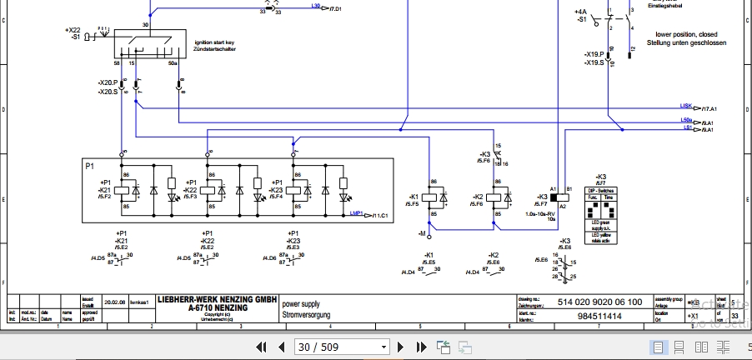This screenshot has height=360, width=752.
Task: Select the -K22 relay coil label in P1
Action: click(x=189, y=190)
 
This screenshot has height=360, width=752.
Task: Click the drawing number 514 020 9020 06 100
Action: click(x=599, y=302)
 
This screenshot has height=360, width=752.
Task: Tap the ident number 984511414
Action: click(x=599, y=317)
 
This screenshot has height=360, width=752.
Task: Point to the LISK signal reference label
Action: click(x=687, y=107)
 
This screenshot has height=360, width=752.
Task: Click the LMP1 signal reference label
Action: click(x=356, y=214)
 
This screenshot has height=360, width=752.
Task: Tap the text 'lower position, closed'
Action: click(x=685, y=35)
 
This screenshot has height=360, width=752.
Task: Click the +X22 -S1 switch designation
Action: click(x=73, y=33)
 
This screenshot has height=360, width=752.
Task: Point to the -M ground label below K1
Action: click(x=424, y=235)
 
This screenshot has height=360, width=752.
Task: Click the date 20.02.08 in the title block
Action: click(x=114, y=302)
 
